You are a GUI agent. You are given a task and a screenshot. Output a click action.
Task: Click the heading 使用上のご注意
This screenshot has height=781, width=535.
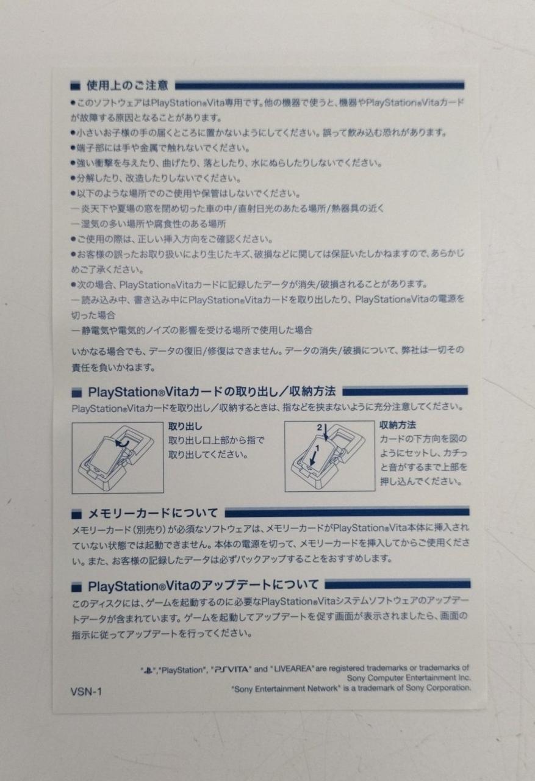coord(127,85)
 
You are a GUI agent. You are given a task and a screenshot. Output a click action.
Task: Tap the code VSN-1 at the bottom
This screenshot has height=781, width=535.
coord(86,691)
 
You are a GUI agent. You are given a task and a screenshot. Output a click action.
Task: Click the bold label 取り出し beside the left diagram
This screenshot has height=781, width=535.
coord(185,426)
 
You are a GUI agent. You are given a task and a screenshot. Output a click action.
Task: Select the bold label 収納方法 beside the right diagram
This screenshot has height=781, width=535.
coord(398,425)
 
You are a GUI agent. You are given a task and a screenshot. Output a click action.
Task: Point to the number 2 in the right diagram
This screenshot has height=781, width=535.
coord(319,428)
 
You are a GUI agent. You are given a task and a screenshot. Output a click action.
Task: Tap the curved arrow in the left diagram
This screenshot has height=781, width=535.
coord(123,443)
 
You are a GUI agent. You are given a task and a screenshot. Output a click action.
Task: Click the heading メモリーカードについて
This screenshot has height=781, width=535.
coord(153,514)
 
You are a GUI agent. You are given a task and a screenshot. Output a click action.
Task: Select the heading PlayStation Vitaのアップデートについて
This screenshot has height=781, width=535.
coord(203,586)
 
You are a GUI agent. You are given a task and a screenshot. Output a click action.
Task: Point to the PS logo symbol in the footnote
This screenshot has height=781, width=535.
coord(148,670)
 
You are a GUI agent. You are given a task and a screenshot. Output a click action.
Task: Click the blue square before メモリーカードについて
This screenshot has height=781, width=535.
coord(76,514)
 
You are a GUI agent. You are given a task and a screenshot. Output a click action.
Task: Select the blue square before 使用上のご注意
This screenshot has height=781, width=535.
coord(75,86)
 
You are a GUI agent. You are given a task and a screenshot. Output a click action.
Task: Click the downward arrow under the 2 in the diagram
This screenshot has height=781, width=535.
coord(326,433)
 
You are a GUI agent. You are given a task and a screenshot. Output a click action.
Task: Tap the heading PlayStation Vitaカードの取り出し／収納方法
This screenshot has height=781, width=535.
coord(212,392)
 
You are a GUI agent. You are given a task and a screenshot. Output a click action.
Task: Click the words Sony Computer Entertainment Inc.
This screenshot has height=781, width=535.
coord(409,678)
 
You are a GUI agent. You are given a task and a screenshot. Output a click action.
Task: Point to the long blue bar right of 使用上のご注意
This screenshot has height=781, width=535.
coord(320,85)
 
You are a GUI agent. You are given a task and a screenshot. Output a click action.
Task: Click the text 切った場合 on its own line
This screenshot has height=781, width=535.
coord(93,315)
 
